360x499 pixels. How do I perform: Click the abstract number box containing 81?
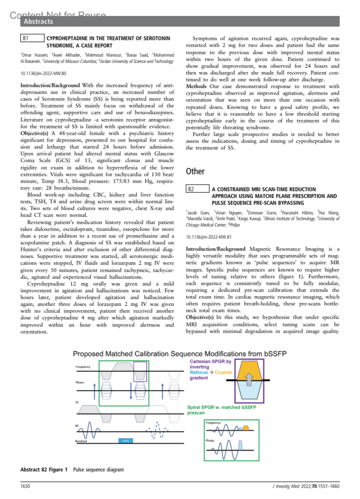32,38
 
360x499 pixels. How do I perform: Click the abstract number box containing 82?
197,189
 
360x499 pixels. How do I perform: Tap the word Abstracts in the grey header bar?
38,22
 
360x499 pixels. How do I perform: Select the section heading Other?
195,171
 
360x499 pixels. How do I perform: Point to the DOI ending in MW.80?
43,73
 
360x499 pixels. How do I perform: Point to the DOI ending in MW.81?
208,237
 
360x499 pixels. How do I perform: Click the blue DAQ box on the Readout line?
126,441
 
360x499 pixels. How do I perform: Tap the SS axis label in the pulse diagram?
77,402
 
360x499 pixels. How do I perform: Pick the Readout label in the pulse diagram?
81,441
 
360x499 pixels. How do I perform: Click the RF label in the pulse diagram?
77,426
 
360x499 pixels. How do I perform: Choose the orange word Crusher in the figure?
223,372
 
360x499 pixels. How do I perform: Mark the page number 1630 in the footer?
25,486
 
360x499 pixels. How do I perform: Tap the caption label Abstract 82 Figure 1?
44,470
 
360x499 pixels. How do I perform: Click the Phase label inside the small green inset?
210,440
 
